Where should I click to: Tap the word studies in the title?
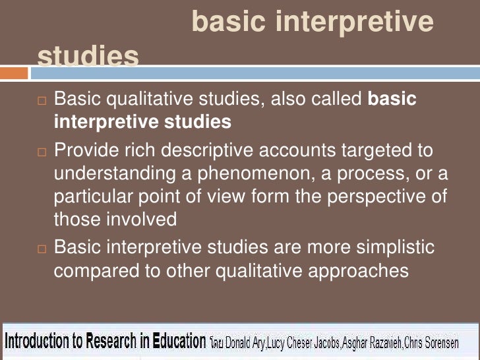tap(88, 57)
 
